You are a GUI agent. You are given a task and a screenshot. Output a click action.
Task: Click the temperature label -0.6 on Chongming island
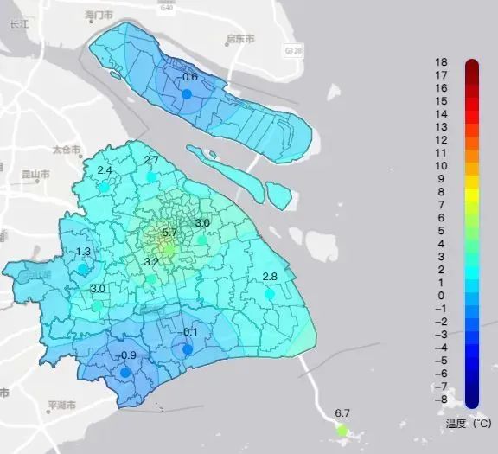pos(188,77)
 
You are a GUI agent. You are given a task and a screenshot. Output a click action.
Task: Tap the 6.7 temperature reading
pos(342,413)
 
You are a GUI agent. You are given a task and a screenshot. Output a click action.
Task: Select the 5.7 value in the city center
pos(169,232)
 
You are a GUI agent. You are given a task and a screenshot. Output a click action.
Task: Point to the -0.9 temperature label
pos(127,355)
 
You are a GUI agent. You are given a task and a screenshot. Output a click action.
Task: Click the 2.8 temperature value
pos(270,277)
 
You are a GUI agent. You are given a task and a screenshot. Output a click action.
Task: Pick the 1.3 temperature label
pos(84,252)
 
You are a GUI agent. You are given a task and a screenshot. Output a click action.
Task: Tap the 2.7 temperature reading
pos(151,160)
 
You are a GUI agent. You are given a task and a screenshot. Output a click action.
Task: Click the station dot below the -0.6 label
pos(187,93)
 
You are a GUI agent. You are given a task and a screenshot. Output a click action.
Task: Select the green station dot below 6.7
pos(342,430)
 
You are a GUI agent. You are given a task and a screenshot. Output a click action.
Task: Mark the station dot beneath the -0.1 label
pos(188,349)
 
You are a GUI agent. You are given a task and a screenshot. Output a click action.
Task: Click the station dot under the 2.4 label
pos(105,186)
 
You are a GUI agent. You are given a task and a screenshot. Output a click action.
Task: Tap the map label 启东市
pos(239,40)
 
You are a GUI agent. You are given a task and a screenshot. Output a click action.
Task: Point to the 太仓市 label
pos(64,149)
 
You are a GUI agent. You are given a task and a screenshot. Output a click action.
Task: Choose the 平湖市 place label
pos(63,405)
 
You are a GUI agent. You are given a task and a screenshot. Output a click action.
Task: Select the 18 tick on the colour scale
pos(441,62)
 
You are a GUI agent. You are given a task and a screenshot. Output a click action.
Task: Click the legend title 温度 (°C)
pos(468,423)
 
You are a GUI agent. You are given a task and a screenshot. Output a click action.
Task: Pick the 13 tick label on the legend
pos(441,127)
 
